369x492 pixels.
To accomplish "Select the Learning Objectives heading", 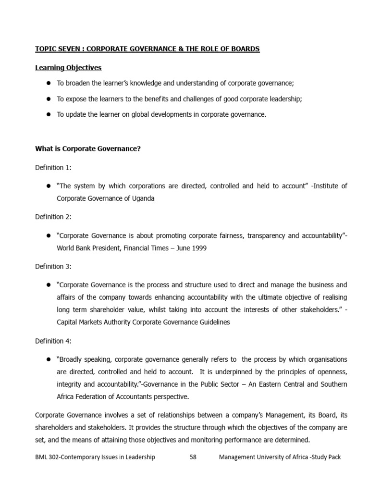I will [x=68, y=68].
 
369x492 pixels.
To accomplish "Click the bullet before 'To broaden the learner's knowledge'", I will [x=49, y=83].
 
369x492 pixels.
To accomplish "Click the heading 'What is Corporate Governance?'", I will [x=88, y=149].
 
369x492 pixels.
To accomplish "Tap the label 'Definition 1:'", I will [x=53, y=168].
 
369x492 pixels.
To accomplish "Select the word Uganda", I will [x=143, y=198].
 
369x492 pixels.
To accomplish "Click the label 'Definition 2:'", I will [x=53, y=217].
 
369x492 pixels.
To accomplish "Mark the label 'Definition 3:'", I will [x=53, y=267].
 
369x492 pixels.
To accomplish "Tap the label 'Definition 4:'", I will [x=53, y=341].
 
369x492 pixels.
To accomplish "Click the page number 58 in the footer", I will [x=193, y=457].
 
